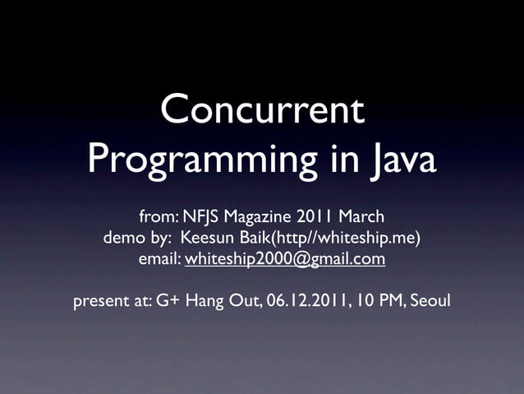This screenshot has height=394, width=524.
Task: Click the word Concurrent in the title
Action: click(262, 111)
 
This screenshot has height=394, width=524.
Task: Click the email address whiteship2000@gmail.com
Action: click(285, 260)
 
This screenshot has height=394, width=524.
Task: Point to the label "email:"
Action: click(159, 260)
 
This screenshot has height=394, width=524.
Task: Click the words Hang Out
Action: click(223, 301)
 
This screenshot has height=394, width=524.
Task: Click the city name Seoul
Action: click(430, 301)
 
